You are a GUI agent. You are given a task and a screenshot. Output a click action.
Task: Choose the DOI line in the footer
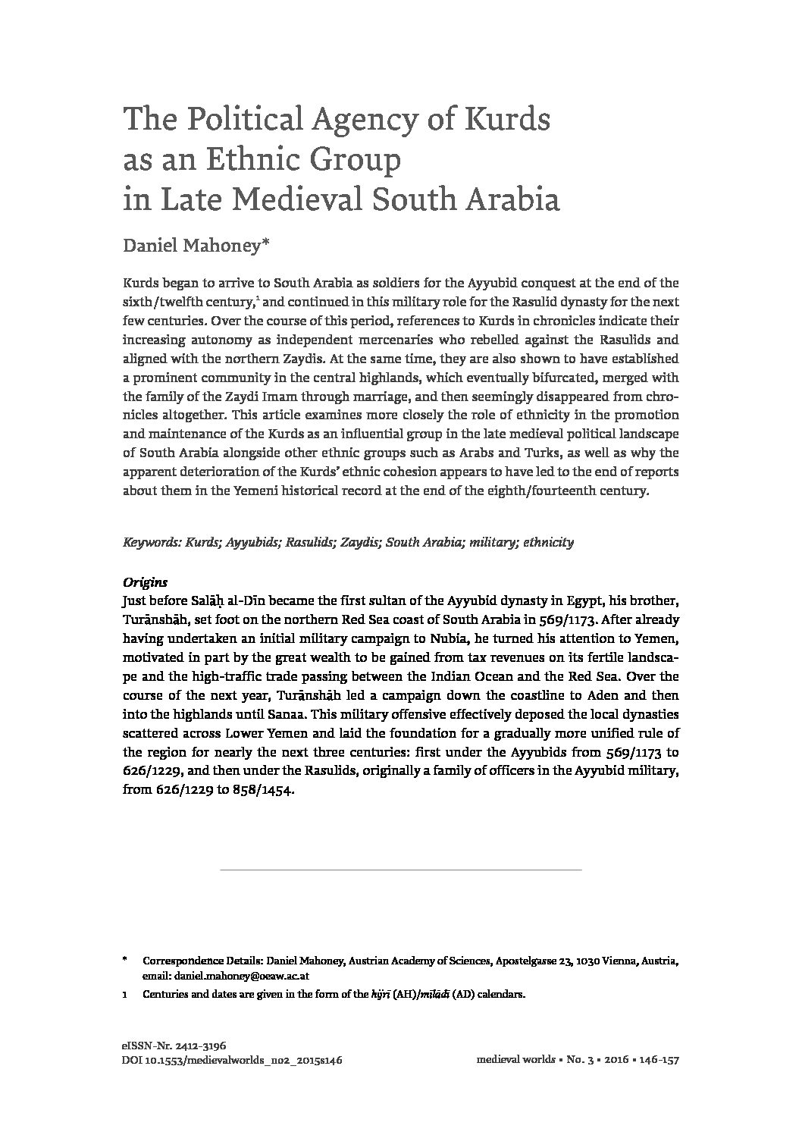(x=232, y=1061)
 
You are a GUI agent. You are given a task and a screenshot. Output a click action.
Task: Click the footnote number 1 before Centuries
(x=124, y=995)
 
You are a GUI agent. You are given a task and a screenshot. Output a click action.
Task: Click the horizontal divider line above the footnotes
(x=400, y=869)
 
